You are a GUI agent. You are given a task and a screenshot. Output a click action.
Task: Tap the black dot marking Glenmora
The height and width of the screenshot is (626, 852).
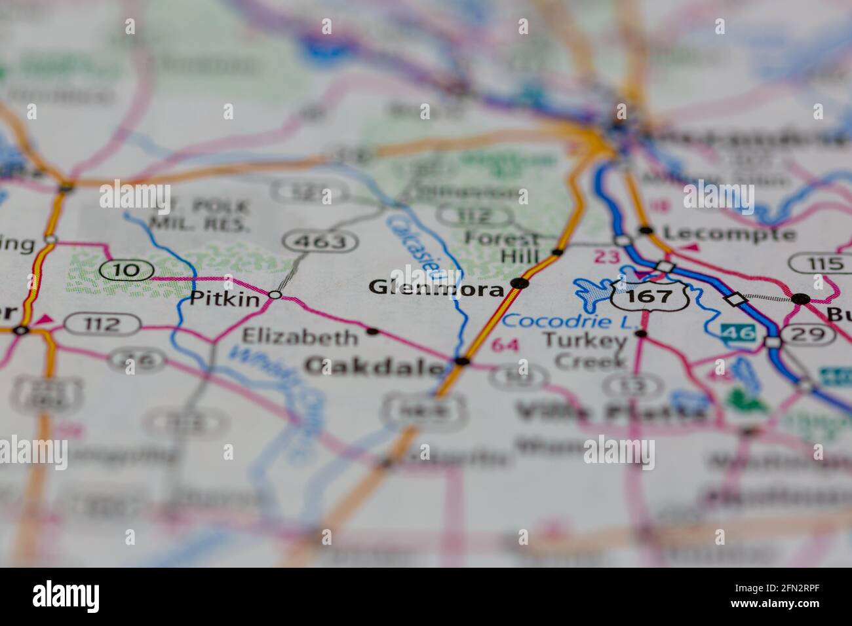tap(520, 283)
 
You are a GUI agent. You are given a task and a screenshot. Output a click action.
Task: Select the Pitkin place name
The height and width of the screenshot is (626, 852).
tap(216, 300)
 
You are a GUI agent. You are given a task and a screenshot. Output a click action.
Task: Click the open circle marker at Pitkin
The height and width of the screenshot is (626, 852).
tap(275, 295)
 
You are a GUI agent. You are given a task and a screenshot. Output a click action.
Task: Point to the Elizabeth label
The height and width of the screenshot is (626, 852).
tap(300, 337)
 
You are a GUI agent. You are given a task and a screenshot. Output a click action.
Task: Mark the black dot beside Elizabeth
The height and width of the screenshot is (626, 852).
tap(373, 331)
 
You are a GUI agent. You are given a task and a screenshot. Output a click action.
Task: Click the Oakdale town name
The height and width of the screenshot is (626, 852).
tap(374, 367)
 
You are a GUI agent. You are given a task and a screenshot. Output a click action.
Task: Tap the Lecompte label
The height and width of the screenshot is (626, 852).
tap(729, 234)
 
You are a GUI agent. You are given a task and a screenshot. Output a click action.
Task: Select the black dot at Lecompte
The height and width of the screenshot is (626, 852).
tap(646, 230)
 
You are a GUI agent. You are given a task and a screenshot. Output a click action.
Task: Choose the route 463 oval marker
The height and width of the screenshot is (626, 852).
tap(320, 242)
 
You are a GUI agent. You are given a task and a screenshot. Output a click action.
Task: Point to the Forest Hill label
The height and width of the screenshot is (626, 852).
tap(502, 247)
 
